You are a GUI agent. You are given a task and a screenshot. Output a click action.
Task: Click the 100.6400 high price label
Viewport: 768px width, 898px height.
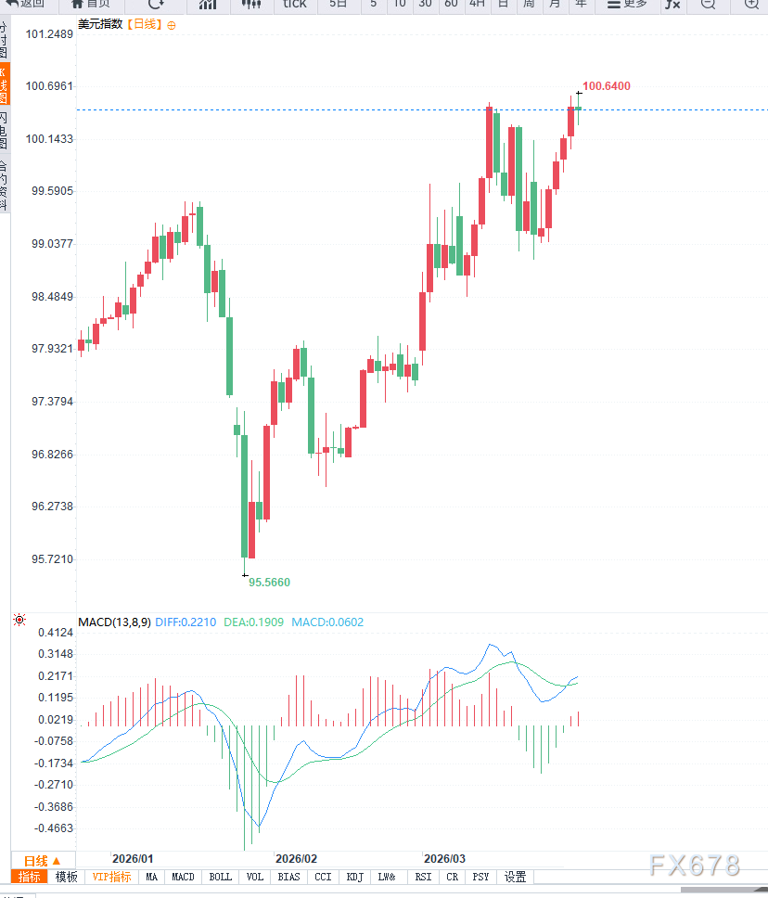[x=607, y=86]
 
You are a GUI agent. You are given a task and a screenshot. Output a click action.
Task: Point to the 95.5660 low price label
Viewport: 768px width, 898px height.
[x=269, y=583]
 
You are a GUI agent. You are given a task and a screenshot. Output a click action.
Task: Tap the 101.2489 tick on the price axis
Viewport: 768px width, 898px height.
[x=50, y=34]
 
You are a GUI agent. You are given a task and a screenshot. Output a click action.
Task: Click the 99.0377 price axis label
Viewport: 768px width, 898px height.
[x=50, y=244]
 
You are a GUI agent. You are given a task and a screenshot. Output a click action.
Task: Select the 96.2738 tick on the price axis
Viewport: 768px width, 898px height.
[x=50, y=507]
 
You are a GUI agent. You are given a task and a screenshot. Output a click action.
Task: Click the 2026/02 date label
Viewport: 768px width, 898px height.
[x=297, y=859]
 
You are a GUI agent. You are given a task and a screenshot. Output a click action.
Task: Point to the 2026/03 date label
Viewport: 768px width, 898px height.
[x=444, y=859]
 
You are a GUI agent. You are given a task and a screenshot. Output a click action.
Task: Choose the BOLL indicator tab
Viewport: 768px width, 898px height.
[x=221, y=877]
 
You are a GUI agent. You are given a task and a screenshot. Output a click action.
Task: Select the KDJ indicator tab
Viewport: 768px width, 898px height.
[x=353, y=877]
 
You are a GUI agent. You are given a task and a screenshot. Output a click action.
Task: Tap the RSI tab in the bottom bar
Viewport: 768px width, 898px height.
[x=423, y=877]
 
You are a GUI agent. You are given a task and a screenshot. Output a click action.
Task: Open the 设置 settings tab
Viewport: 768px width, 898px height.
[x=515, y=877]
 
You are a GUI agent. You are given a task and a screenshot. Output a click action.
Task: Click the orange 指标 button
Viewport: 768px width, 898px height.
[x=31, y=877]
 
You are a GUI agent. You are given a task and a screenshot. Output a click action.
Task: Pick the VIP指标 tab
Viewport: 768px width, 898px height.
[x=111, y=877]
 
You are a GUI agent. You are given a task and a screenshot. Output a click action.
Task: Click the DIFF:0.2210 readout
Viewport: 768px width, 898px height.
[x=186, y=622]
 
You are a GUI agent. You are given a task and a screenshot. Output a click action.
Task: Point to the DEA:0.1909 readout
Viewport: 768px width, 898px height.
[x=254, y=622]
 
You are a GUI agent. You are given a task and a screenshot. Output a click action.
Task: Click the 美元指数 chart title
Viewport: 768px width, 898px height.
[x=101, y=24]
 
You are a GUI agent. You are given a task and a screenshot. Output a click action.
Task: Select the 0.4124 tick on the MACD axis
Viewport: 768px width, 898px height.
[x=54, y=633]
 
